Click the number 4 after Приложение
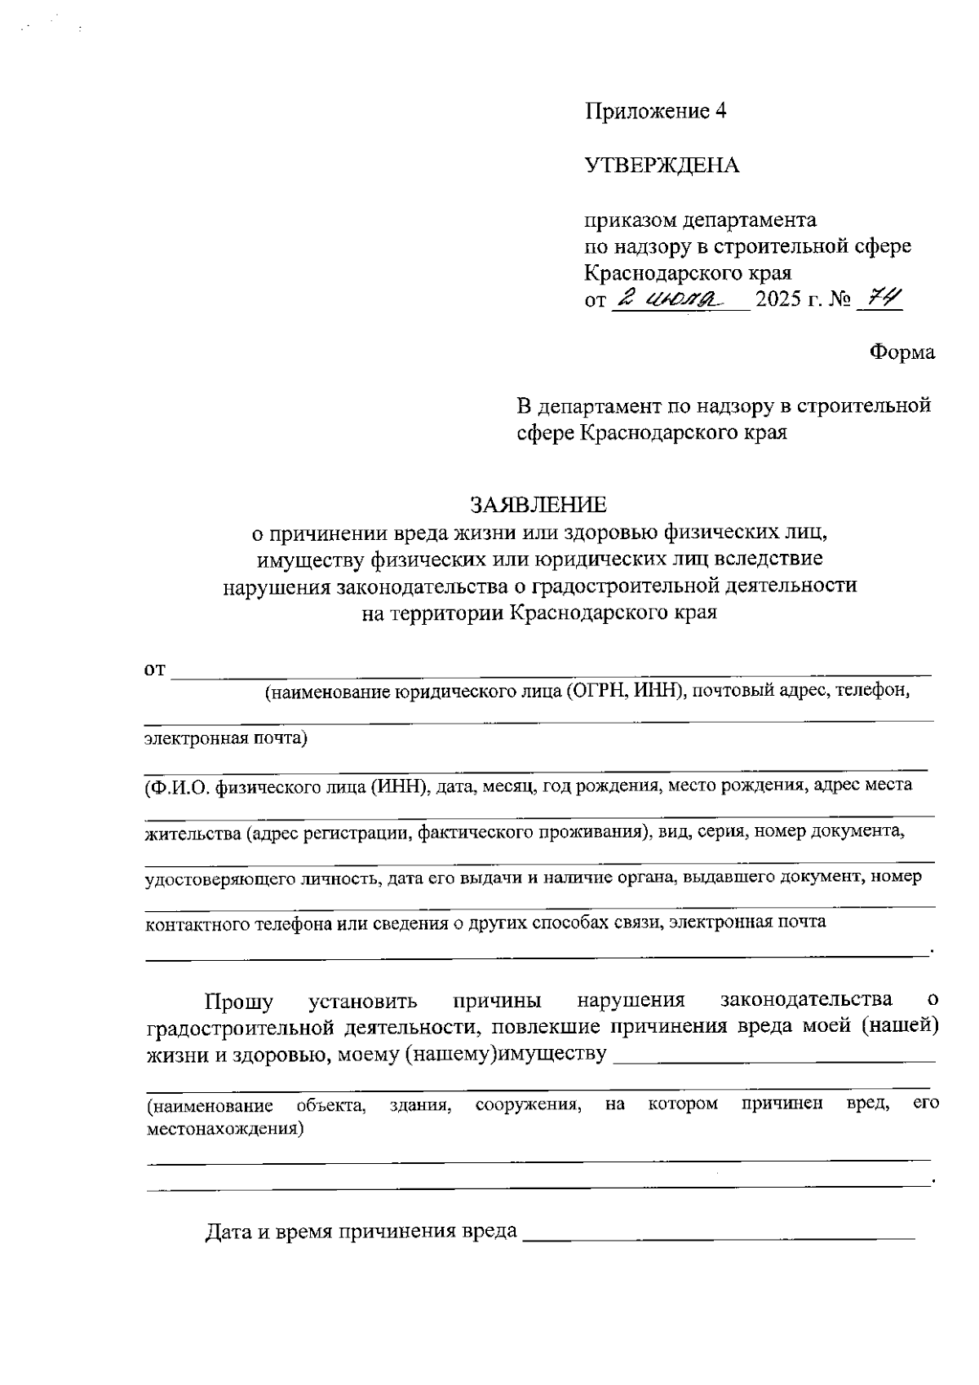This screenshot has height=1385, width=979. click(720, 112)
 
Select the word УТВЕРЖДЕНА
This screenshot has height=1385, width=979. click(662, 166)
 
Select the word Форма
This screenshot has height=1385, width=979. click(902, 352)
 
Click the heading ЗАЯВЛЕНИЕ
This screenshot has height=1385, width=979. click(538, 506)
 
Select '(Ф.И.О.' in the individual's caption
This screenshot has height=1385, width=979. click(178, 787)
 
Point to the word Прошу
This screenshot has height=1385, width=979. click(239, 1001)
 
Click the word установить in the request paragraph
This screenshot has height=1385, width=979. click(364, 1001)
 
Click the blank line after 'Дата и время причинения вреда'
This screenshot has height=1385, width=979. click(718, 1238)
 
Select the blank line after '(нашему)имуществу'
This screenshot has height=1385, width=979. click(773, 1060)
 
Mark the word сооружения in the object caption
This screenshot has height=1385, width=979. click(529, 1105)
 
